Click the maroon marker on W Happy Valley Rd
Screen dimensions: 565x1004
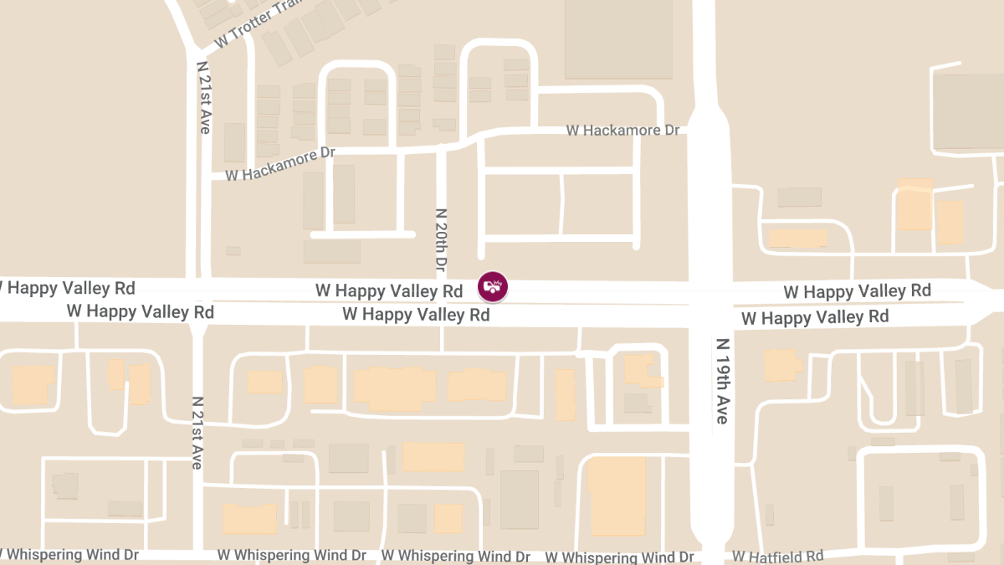493,286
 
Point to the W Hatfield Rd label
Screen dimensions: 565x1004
777,556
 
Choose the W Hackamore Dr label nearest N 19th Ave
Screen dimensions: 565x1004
623,130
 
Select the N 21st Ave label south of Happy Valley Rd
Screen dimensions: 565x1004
197,432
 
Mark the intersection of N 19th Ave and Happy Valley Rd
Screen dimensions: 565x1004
711,301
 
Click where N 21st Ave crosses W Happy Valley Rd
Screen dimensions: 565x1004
200,300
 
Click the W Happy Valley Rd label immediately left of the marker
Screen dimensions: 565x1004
389,291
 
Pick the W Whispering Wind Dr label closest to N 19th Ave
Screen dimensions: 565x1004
619,557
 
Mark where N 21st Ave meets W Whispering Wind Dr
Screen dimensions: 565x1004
198,553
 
